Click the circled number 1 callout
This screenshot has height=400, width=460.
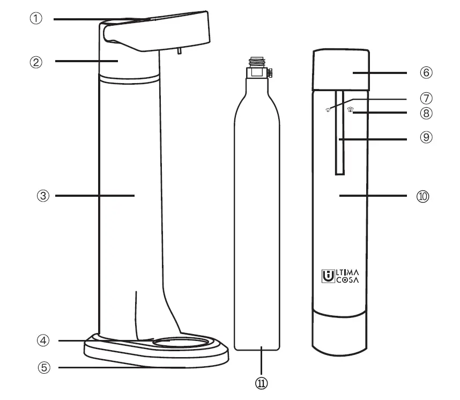pyautogui.click(x=35, y=19)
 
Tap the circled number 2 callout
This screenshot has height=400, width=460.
pyautogui.click(x=35, y=62)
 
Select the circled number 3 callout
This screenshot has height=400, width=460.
pyautogui.click(x=35, y=196)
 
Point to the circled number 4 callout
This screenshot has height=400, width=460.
pyautogui.click(x=43, y=340)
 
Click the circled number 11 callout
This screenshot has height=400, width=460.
pyautogui.click(x=262, y=383)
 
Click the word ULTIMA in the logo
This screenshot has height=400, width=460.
pyautogui.click(x=346, y=273)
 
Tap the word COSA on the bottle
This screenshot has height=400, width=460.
pyautogui.click(x=347, y=280)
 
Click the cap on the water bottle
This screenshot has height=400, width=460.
pyautogui.click(x=342, y=70)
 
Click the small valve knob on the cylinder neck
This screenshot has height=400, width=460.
pyautogui.click(x=271, y=72)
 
